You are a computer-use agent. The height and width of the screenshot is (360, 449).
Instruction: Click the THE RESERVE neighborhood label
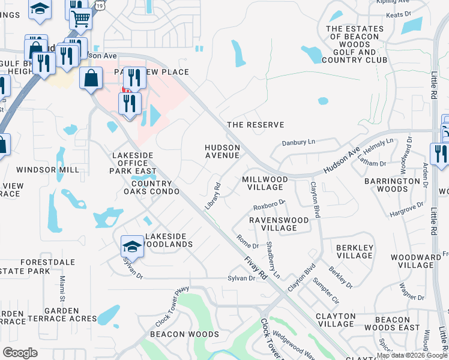pos(255,125)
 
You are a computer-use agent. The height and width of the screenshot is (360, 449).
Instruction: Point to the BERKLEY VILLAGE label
pos(354,251)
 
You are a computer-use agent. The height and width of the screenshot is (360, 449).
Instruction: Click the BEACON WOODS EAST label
pos(392,323)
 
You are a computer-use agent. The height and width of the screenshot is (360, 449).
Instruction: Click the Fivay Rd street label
pos(256,267)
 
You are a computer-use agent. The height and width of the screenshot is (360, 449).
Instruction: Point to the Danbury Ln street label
pos(298,143)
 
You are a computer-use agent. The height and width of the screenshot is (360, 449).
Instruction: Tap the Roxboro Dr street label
pos(268,206)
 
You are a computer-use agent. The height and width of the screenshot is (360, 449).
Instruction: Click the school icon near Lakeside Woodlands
pos(133,246)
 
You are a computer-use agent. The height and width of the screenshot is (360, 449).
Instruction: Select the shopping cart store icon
pos(80,17)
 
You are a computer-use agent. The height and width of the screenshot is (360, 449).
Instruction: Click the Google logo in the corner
pos(20,352)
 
